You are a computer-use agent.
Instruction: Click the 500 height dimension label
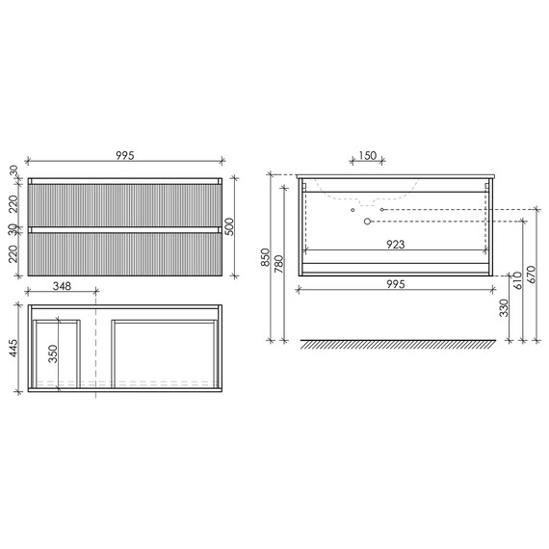[x=228, y=226]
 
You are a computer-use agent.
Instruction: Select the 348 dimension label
[x=62, y=286]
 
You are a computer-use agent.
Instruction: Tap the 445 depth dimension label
[x=13, y=348]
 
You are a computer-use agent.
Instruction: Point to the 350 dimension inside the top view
[x=53, y=353]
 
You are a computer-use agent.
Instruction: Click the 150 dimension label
[x=368, y=155]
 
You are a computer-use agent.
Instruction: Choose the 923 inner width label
[x=395, y=244]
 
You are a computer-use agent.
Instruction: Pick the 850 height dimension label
[x=265, y=257]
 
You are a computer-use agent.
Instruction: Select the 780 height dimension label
[x=279, y=264]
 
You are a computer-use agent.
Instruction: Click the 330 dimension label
[x=504, y=308]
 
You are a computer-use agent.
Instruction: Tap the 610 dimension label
[x=518, y=280]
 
